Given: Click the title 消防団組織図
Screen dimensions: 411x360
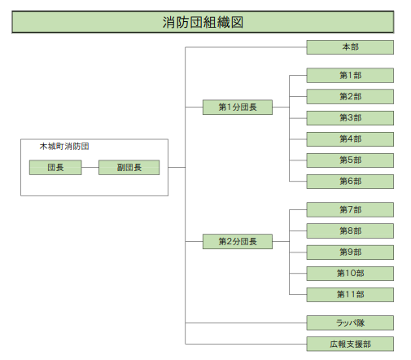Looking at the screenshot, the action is point(203,22).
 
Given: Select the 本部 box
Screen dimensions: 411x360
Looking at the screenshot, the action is point(350,47).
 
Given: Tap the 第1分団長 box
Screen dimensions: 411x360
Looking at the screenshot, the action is point(238,107).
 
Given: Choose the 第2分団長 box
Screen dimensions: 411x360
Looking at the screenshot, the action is point(238,241).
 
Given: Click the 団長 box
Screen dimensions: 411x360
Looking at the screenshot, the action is point(55,167).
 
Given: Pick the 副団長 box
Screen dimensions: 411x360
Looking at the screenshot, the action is point(129,167).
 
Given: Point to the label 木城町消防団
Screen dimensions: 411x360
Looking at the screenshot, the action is point(64,147).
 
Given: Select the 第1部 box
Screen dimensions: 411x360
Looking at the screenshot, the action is point(350,75).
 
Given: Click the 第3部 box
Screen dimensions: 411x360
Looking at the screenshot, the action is point(350,118).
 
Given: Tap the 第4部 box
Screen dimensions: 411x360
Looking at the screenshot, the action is point(350,139).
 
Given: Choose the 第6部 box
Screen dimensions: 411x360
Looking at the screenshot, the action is point(350,182).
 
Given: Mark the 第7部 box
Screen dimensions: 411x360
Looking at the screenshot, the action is point(350,209).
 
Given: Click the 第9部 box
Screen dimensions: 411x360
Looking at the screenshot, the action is point(350,252).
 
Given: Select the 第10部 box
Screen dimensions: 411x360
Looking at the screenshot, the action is point(350,274).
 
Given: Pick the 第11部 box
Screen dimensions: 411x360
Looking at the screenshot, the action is point(350,295).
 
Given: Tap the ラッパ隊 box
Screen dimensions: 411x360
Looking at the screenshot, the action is point(350,323).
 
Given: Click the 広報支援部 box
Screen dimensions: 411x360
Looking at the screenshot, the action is point(350,344).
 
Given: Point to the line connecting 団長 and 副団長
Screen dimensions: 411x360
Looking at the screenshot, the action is point(90,167).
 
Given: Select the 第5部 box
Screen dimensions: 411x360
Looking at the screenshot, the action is point(350,160).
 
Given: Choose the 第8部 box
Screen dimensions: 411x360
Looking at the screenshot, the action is point(350,230).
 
